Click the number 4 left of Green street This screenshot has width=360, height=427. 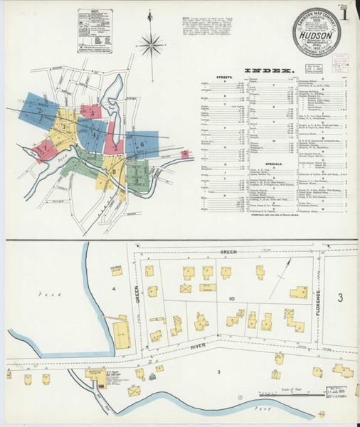112,288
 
